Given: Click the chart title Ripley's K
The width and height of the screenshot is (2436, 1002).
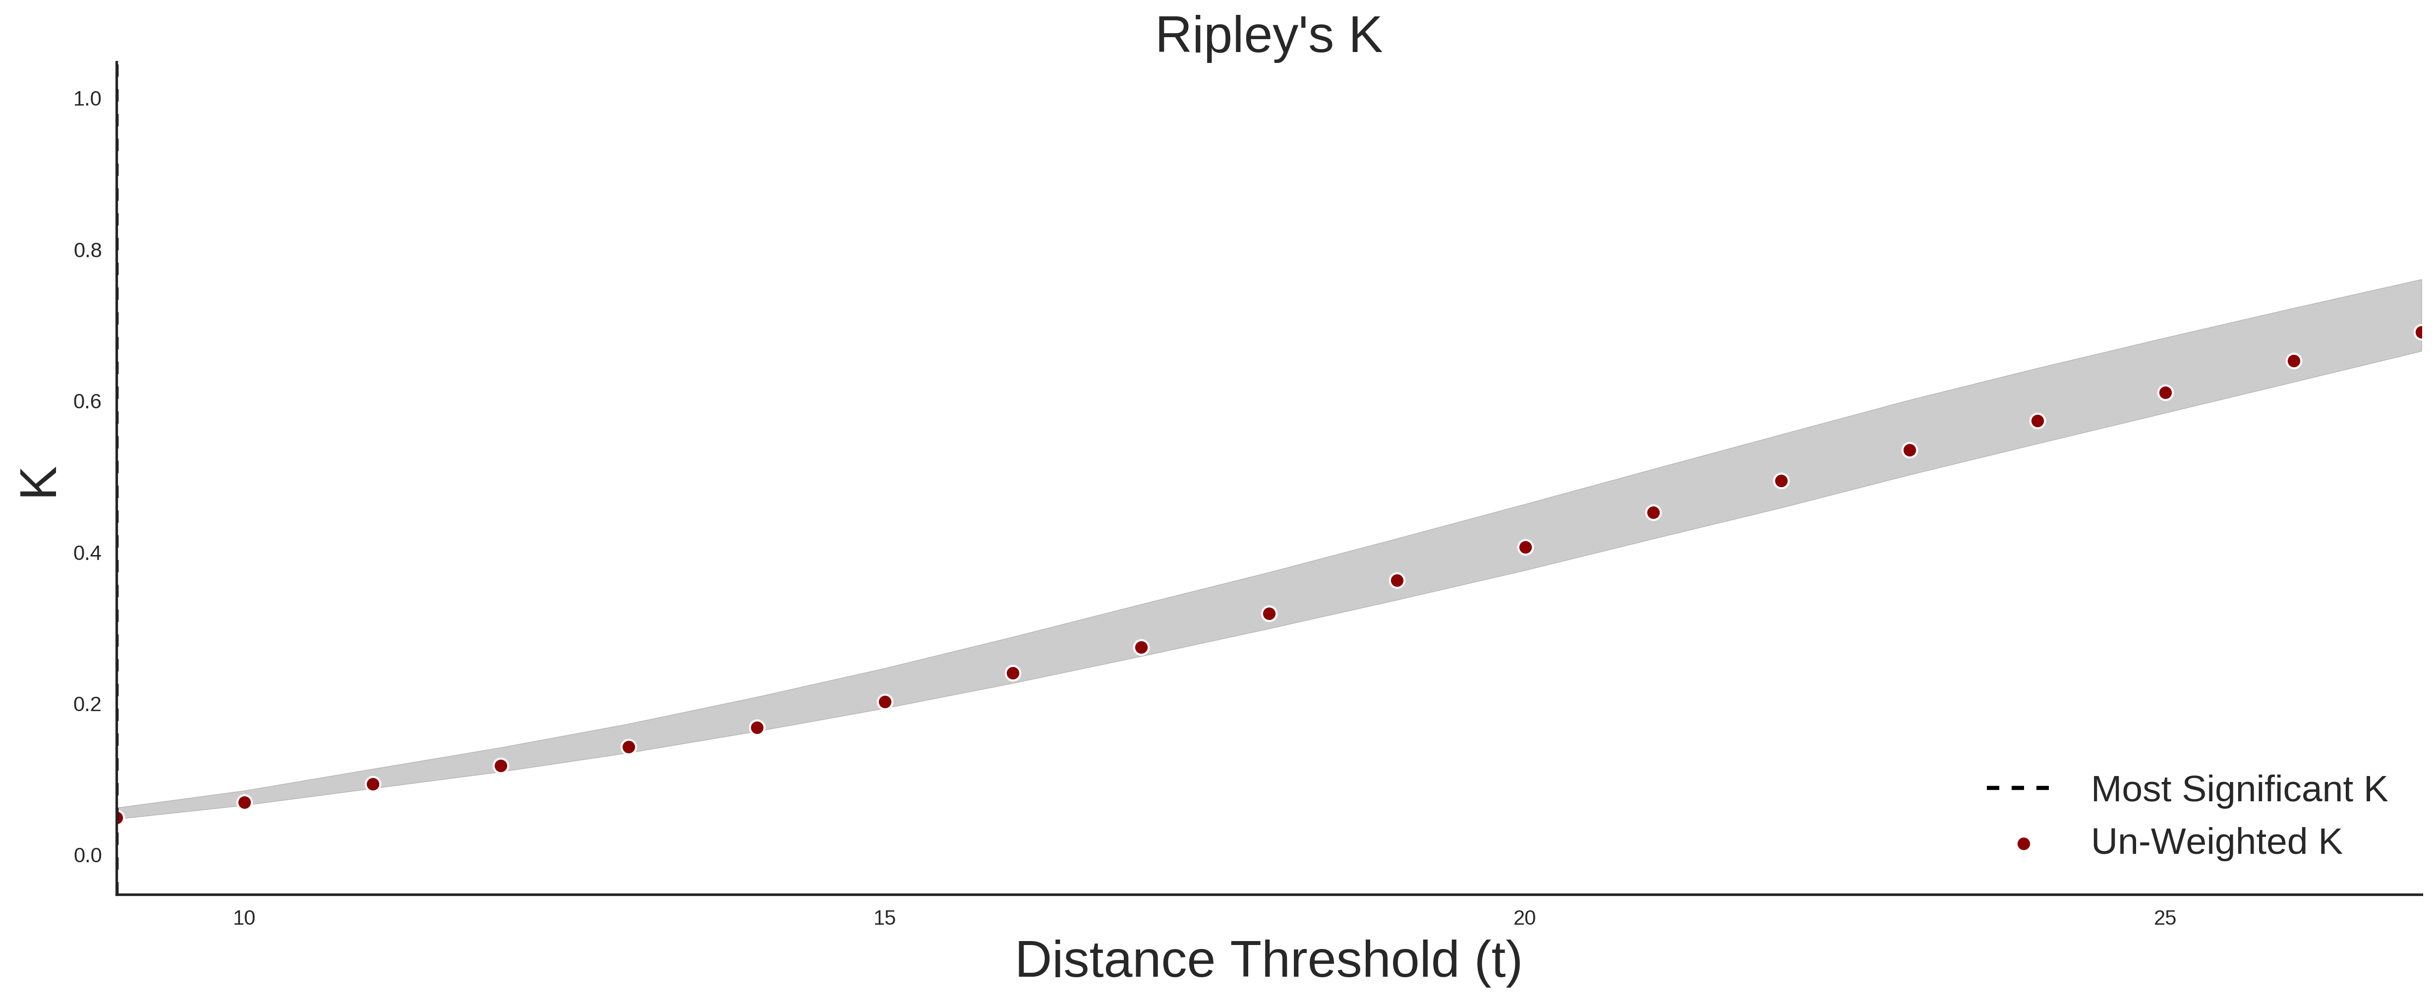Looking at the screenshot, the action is coord(1268,36).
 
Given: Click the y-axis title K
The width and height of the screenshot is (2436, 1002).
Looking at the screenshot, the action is coord(39,482).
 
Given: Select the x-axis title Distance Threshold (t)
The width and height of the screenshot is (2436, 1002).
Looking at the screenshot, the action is coord(1268,960).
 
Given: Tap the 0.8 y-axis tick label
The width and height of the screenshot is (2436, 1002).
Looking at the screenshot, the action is coord(87,251).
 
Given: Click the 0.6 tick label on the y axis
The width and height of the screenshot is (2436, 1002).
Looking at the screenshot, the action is coord(87,402).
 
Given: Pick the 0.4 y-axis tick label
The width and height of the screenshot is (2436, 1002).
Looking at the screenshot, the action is coord(87,553).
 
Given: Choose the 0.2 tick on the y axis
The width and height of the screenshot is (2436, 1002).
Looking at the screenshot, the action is coord(87,704).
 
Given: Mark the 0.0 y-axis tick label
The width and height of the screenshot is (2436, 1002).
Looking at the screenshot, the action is coord(87,855).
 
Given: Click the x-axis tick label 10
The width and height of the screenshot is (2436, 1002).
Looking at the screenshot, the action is coord(244,918).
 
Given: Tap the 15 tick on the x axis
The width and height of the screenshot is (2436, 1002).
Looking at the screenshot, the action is coord(884,918).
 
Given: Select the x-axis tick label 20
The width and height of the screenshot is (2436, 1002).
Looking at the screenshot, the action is coord(1524,918).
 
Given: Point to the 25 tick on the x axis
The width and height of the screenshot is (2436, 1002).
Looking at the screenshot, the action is coord(2165,918).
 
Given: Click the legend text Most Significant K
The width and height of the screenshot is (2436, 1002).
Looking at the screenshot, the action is coord(2238,789).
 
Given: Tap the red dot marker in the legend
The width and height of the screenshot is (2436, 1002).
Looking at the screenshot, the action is coord(2023,844).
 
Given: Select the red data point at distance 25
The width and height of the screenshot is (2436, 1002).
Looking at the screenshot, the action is coord(2165,392).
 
